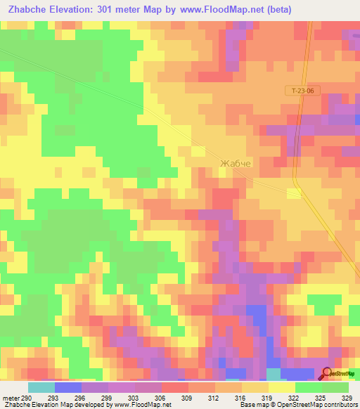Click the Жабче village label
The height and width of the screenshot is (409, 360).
[235, 163]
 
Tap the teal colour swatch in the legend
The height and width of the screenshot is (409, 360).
[41, 387]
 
